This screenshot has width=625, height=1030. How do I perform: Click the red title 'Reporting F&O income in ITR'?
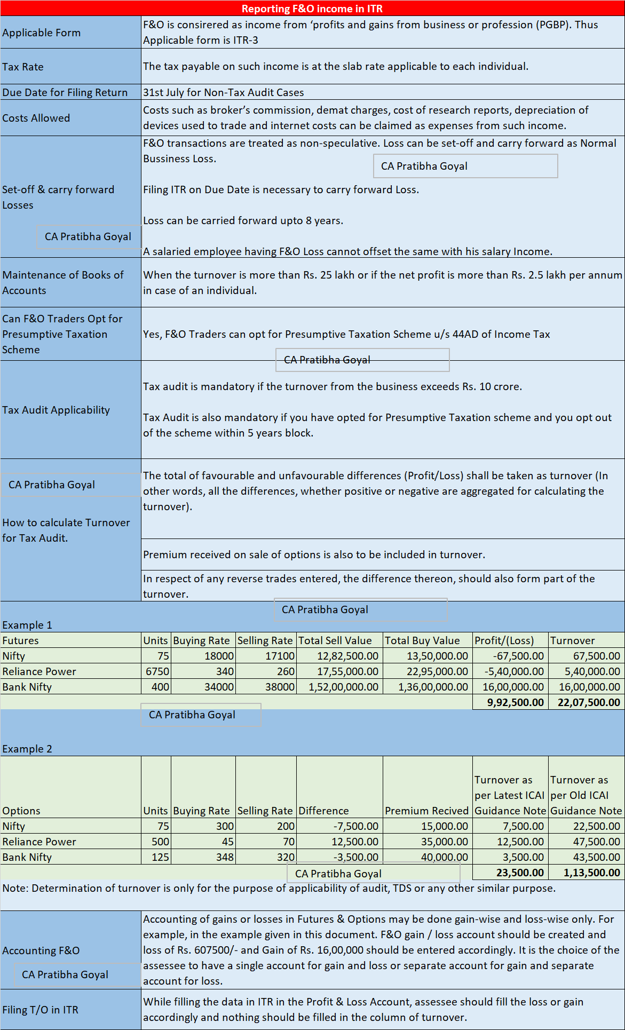click(312, 9)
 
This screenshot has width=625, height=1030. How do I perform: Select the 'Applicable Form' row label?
click(42, 33)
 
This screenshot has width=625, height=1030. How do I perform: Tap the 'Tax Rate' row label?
click(23, 67)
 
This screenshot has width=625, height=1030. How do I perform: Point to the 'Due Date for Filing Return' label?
click(65, 92)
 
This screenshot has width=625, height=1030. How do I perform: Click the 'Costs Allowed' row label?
click(36, 118)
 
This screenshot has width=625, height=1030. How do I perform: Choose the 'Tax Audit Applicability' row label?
click(56, 410)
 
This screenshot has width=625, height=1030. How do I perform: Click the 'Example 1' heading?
click(27, 625)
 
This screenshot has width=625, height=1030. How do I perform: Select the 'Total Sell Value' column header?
click(335, 640)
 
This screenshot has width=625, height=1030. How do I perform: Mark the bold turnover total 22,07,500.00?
click(589, 702)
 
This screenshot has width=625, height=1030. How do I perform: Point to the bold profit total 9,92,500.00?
click(515, 702)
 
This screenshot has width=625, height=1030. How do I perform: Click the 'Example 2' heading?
click(27, 749)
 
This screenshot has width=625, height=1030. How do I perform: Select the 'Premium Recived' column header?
click(426, 811)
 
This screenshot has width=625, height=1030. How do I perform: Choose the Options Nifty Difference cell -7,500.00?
click(356, 826)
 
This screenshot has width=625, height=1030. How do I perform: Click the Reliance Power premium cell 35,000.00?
click(444, 842)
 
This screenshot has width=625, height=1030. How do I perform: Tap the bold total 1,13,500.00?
click(592, 873)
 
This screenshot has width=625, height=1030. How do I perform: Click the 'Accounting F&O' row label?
click(41, 950)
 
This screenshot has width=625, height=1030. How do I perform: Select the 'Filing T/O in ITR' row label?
click(41, 1010)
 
